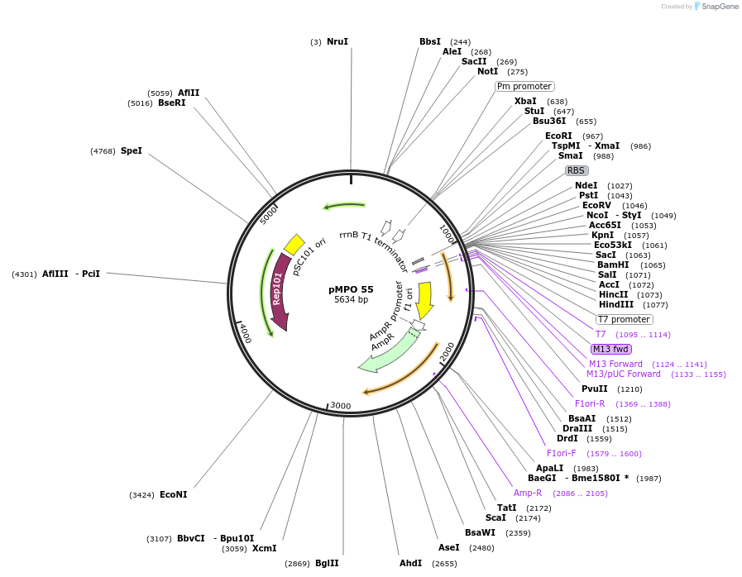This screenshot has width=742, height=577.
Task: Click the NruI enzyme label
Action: (x=337, y=41)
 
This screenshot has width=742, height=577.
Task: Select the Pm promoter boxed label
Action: (x=524, y=86)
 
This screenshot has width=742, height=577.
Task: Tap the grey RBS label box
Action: (x=576, y=171)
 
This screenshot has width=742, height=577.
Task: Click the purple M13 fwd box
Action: (x=611, y=349)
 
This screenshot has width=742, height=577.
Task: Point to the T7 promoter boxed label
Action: (x=624, y=319)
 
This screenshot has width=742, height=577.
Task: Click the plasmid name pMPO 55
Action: (x=351, y=289)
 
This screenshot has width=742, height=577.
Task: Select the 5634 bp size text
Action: (x=351, y=300)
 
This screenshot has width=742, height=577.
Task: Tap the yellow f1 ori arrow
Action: (x=425, y=299)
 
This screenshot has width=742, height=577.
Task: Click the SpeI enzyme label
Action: (x=132, y=150)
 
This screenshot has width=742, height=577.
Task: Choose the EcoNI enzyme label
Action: (x=173, y=494)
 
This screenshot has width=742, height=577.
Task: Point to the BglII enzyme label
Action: (x=327, y=563)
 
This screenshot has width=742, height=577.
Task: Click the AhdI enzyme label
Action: (x=411, y=563)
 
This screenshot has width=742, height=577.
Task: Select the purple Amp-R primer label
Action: (x=528, y=493)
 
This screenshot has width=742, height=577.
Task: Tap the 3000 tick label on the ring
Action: (x=341, y=405)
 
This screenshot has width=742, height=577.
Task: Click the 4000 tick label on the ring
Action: (x=245, y=333)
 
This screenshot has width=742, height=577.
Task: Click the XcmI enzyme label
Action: (x=265, y=548)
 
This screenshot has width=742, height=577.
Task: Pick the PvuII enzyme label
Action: (x=594, y=389)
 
